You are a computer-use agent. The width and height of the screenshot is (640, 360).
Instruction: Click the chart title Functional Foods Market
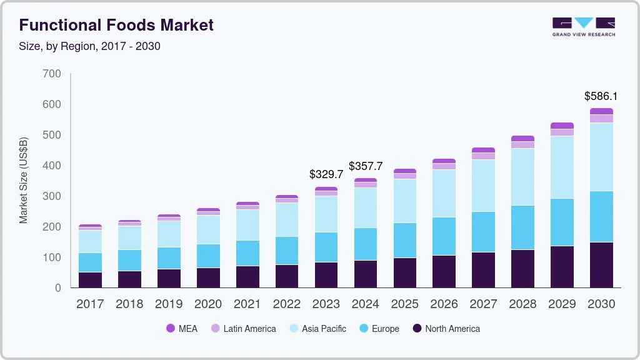116,25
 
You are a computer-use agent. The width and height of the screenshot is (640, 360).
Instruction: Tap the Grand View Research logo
583,26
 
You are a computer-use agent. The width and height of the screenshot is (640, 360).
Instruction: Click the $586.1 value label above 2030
601,96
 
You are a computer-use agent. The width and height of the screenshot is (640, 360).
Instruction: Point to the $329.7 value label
326,174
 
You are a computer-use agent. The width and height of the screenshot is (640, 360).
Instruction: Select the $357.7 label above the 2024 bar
366,166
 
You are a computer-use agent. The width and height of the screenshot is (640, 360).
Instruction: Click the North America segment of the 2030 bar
601,265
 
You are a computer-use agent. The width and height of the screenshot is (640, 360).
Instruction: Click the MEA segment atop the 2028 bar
522,139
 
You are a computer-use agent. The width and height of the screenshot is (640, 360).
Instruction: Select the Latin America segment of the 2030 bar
601,119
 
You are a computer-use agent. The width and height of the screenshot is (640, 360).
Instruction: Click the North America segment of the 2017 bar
90,280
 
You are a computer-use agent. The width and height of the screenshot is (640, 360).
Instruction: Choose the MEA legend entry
182,329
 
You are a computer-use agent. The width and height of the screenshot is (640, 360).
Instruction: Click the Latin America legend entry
243,329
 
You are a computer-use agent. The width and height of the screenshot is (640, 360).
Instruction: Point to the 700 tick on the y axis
52,74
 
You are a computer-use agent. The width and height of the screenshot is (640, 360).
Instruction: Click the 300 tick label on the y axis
52,196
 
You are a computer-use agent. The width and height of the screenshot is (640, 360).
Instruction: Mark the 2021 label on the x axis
247,304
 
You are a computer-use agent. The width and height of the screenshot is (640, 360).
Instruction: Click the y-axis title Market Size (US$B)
24,181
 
